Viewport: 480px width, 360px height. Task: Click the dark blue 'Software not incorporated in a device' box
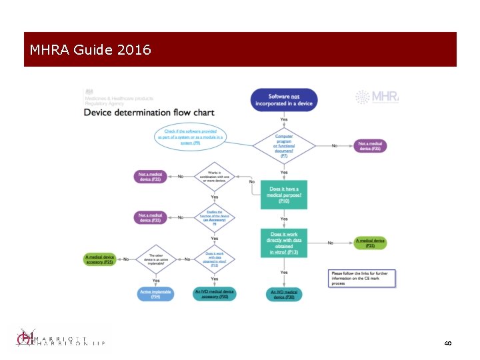(284, 100)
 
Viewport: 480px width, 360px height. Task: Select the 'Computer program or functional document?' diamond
(284, 145)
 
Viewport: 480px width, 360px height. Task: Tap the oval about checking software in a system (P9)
(191, 137)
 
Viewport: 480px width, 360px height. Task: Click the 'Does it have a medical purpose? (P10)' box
(284, 194)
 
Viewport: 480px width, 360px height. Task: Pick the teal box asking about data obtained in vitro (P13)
(284, 243)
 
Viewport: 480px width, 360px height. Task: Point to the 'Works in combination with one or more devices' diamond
(215, 176)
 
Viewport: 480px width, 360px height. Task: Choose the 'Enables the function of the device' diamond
(215, 217)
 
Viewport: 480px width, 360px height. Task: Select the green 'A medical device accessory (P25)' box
(100, 259)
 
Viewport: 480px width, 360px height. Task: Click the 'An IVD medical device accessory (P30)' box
(215, 293)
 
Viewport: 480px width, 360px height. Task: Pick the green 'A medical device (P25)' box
(370, 243)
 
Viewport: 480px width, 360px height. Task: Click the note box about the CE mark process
(363, 277)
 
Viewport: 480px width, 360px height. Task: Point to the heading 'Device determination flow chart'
(149, 112)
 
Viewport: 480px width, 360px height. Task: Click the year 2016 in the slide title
(133, 50)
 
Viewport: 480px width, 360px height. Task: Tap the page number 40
(447, 343)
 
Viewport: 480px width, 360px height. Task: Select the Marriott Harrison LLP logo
(60, 340)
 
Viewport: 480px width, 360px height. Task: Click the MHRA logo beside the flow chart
(377, 97)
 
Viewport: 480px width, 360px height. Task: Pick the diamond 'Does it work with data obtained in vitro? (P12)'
(215, 259)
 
